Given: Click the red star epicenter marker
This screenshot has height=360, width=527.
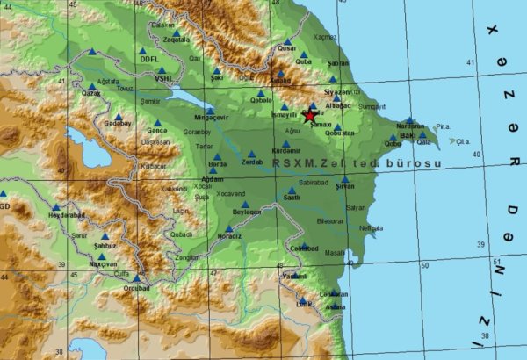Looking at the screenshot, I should tap(309, 115).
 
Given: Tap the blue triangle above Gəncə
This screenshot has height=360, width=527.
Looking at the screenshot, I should tap(157, 123).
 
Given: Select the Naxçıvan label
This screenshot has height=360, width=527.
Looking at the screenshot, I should tap(103, 263).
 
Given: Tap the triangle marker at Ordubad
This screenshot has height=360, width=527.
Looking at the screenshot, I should tap(136, 278).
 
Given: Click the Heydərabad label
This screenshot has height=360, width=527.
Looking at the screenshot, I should tap(67, 214).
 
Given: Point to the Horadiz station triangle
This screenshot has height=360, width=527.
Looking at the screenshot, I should tap(228, 228).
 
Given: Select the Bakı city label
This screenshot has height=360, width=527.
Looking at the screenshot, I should tap(407, 136).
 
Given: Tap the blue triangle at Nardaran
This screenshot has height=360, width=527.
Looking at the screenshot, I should tap(410, 119).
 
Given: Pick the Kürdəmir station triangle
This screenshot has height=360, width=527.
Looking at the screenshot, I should tap(286, 143).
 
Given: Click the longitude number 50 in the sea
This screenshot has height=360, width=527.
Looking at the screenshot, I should tap(425, 264).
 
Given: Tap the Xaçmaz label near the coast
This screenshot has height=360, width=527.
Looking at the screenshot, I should tap(324, 37).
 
